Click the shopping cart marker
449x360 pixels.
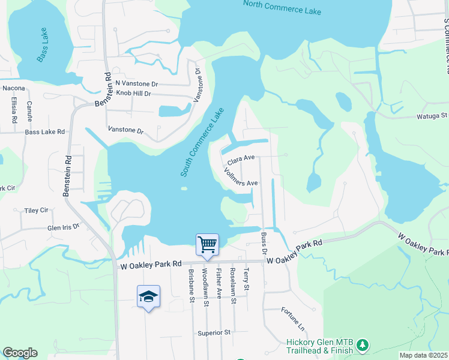coord(207,244)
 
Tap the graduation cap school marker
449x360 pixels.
coord(148,296)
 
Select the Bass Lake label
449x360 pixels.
coord(46,46)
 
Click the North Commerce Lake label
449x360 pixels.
coord(282,8)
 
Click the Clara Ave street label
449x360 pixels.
coord(241,159)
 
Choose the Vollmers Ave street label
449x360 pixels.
coord(241,178)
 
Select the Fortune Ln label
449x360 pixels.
coord(293,319)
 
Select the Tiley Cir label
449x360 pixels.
coord(36,211)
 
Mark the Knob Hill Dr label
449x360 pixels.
coord(133,94)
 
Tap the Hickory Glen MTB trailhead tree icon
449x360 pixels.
coord(362,345)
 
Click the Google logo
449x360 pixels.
coord(20,353)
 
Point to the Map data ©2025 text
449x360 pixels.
coord(423,355)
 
